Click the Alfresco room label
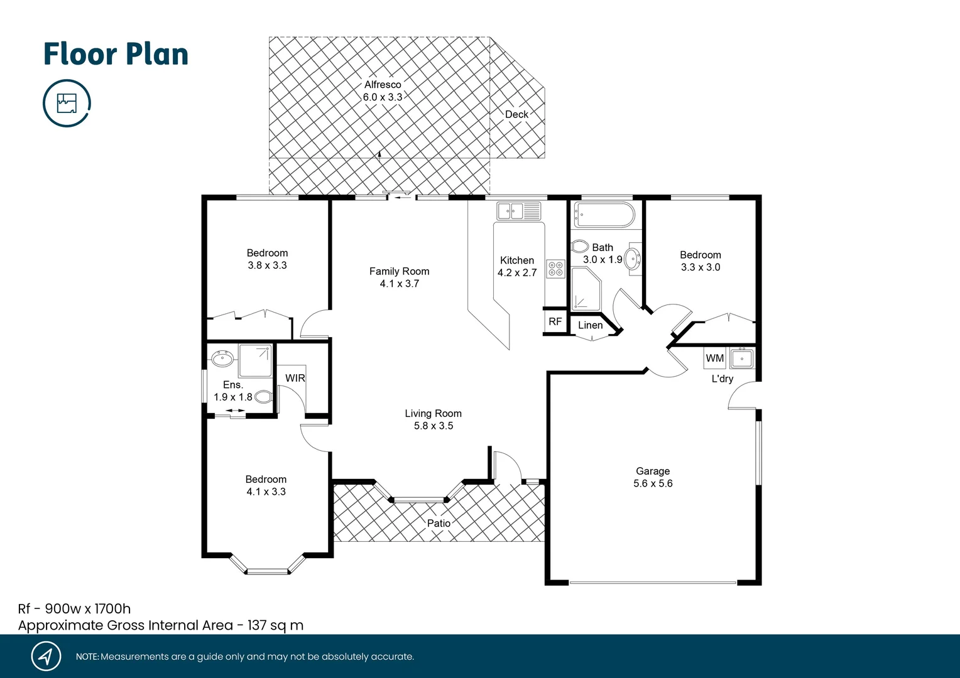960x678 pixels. click(383, 85)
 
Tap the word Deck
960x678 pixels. click(516, 114)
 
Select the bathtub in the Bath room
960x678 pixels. click(604, 215)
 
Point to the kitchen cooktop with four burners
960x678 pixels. click(555, 269)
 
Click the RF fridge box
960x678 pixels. click(555, 321)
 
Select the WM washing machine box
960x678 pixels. click(715, 358)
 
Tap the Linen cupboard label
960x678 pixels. click(590, 325)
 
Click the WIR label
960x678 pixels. click(295, 378)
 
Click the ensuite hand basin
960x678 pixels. click(222, 358)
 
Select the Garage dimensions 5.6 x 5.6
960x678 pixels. click(653, 483)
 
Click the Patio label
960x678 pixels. click(439, 523)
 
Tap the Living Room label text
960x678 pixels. click(433, 413)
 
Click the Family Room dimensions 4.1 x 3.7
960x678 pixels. click(399, 284)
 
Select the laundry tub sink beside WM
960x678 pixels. click(742, 358)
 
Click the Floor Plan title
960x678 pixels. click(116, 54)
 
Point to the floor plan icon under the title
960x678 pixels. click(67, 103)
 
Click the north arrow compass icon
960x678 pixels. click(46, 656)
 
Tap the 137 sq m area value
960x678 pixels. click(275, 625)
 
